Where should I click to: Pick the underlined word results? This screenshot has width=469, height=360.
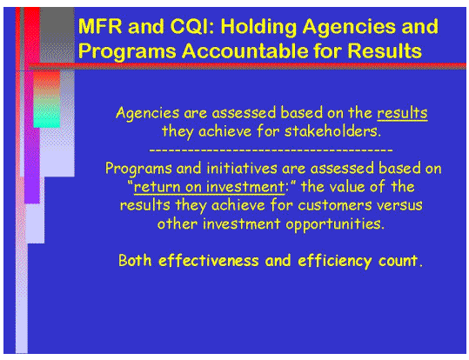[402, 114]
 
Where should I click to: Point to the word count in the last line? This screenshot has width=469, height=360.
[399, 259]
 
